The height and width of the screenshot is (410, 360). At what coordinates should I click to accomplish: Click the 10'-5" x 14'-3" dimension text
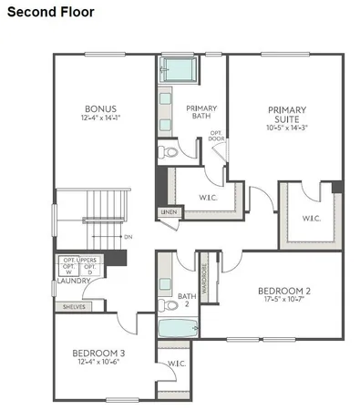point(286,128)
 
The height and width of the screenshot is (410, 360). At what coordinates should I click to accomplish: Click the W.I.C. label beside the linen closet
point(208,198)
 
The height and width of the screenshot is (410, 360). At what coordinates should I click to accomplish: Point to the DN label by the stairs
point(128,238)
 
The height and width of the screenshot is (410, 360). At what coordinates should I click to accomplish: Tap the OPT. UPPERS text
point(80,261)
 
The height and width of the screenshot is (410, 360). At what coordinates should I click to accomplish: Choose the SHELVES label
point(73,307)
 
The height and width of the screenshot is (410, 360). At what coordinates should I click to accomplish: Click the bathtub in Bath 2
point(173,328)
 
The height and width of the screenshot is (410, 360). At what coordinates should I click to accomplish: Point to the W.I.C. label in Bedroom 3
point(175,364)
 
